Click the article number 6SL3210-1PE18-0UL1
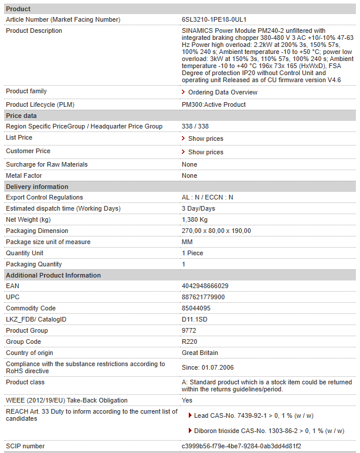[x=213, y=19]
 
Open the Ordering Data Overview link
[x=222, y=92]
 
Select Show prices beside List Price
[x=205, y=138]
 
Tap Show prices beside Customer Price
[x=205, y=152]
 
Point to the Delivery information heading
[x=37, y=187]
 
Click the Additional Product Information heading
[x=53, y=275]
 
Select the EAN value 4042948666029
[x=205, y=286]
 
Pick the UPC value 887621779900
[x=203, y=297]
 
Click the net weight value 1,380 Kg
[x=195, y=219]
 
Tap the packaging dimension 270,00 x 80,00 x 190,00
[x=216, y=231]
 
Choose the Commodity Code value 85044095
[x=196, y=308]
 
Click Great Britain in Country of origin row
[x=200, y=353]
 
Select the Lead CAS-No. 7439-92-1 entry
[x=253, y=415]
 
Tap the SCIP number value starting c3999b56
[x=241, y=446]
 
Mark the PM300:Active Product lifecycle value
[x=213, y=104]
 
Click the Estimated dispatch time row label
[x=63, y=208]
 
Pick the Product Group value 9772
[x=189, y=330]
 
